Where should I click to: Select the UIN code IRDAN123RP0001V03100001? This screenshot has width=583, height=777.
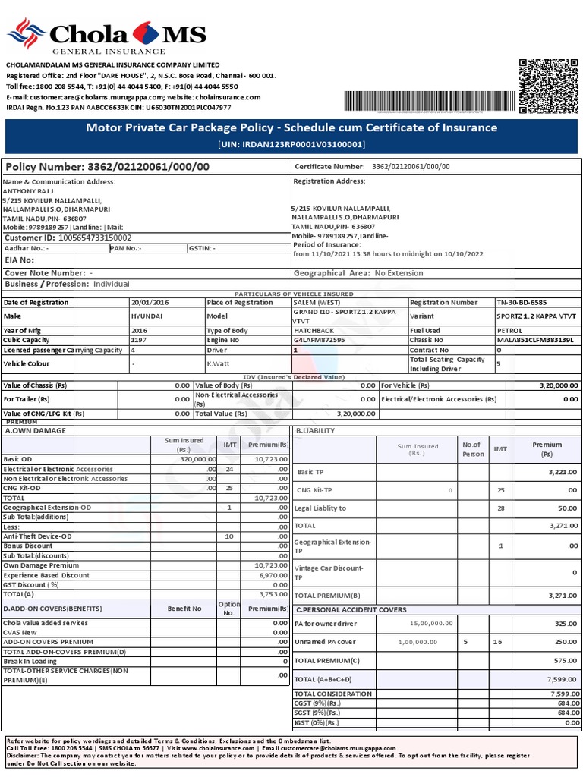[x=291, y=144]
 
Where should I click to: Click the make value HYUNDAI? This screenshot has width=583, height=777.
[x=147, y=316]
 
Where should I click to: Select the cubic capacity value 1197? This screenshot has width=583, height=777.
[x=140, y=340]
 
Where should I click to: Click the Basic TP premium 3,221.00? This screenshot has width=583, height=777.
[x=563, y=472]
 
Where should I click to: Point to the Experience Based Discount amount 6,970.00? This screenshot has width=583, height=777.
[x=272, y=575]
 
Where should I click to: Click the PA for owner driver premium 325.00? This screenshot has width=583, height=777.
[x=566, y=624]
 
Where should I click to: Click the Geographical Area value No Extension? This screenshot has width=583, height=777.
[x=399, y=273]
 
